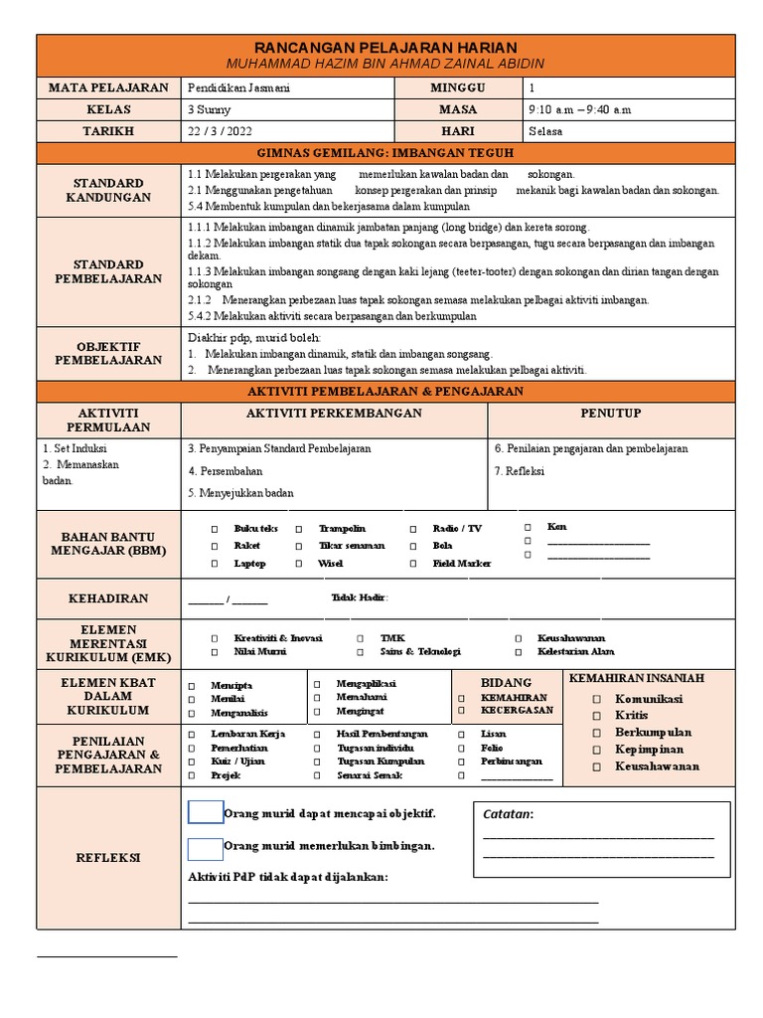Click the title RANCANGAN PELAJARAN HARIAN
pos(386,48)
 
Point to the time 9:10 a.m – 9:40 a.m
pos(581,109)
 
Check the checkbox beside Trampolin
pos(299,529)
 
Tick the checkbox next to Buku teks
pos(214,529)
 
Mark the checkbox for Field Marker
pos(413,564)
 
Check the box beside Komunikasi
pos(597,699)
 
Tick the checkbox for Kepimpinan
pos(597,750)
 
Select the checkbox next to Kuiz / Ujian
pos(191,762)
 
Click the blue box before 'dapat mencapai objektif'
pos(206,812)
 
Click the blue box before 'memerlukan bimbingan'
pos(206,848)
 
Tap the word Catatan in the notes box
pos(508,815)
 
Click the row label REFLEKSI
pos(108,857)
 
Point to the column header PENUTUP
pos(611,413)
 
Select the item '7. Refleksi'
pos(520,471)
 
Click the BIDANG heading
pos(507,683)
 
